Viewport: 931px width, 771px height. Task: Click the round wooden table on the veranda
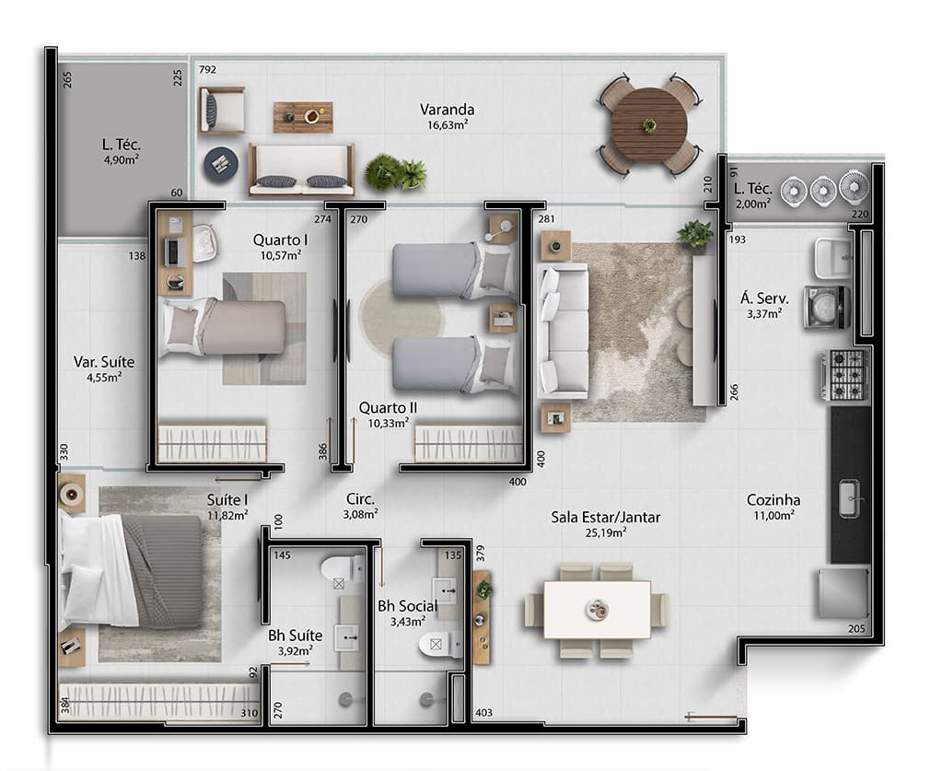click(x=649, y=125)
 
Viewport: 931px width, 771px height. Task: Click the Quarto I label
click(x=280, y=240)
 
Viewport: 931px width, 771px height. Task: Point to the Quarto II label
click(x=388, y=407)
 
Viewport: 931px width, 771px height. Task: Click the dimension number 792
click(x=207, y=69)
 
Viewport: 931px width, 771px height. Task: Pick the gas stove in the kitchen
click(x=845, y=374)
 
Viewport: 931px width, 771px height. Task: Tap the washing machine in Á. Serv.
click(x=825, y=307)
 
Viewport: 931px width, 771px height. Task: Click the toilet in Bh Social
click(x=440, y=644)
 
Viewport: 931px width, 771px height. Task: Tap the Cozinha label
click(x=773, y=500)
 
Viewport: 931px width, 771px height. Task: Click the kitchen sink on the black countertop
click(x=849, y=498)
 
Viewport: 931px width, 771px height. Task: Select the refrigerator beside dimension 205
click(x=843, y=592)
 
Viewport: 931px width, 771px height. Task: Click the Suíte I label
click(x=227, y=500)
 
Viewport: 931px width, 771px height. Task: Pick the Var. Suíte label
click(x=98, y=361)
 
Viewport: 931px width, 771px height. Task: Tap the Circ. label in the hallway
click(x=360, y=498)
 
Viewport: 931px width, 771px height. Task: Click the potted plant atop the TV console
click(x=695, y=235)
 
